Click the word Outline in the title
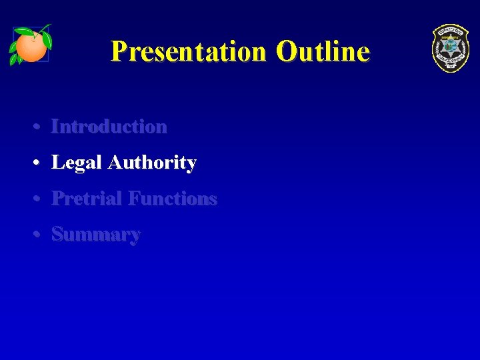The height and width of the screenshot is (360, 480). [323, 51]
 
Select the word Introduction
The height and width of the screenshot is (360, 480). [109, 126]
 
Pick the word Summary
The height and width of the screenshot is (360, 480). [96, 235]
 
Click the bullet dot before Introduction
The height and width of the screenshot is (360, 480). [39, 127]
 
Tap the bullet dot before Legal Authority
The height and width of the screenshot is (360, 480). [39, 163]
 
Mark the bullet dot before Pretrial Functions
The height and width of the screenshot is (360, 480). [39, 199]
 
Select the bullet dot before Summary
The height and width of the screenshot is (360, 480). [39, 235]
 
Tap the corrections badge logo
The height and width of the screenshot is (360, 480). [450, 48]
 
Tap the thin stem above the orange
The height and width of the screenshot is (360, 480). [44, 28]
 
